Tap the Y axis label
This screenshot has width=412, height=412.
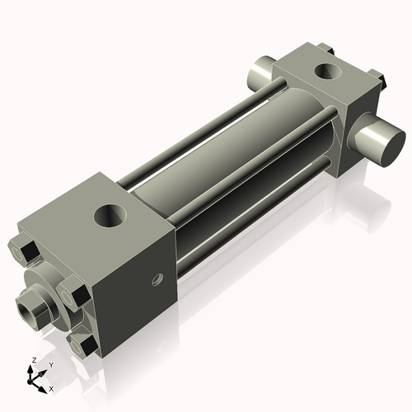coord(50,364)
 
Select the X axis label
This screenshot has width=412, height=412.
coord(51,387)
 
